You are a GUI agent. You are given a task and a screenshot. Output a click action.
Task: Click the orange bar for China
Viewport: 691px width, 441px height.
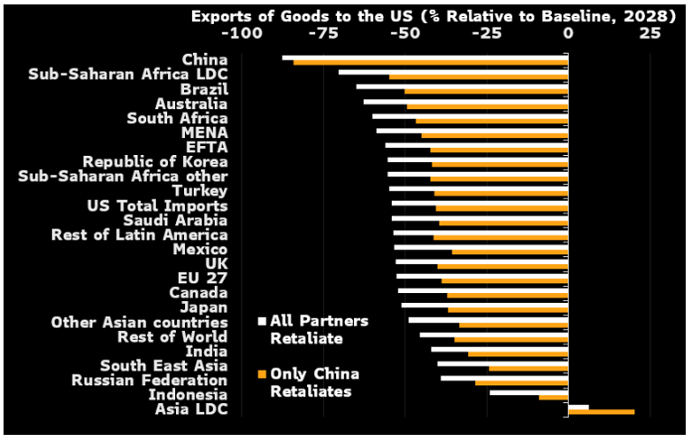click(x=431, y=63)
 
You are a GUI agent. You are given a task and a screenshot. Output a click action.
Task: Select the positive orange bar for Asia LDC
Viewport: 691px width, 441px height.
click(x=602, y=412)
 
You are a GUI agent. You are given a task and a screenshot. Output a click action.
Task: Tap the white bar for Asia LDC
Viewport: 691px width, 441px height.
click(x=579, y=406)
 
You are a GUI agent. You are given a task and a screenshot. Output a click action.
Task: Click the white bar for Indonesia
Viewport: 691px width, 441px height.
click(x=529, y=391)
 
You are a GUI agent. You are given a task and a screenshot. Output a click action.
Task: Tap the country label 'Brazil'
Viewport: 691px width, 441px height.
click(x=204, y=89)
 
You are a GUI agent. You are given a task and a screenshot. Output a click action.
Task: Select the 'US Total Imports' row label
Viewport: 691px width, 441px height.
click(x=157, y=205)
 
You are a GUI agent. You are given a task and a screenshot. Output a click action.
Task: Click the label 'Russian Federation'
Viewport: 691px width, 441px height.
click(x=150, y=380)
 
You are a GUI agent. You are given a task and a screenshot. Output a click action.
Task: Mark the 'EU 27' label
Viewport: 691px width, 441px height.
click(x=203, y=278)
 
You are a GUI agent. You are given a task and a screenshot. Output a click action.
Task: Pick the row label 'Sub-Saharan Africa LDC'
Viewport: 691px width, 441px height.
click(x=128, y=74)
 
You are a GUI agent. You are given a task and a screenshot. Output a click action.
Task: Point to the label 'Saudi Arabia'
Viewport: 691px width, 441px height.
click(x=175, y=220)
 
